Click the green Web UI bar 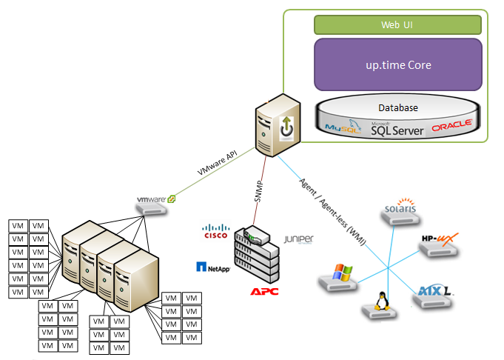click(x=397, y=25)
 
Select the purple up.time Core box click(x=397, y=65)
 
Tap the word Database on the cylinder click(x=398, y=108)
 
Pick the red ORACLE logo click(x=451, y=127)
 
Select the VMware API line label click(x=217, y=162)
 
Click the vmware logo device click(x=156, y=201)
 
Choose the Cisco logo click(x=215, y=231)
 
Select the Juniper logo click(x=298, y=239)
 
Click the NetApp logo click(x=213, y=267)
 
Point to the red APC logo click(x=264, y=291)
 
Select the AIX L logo click(x=435, y=290)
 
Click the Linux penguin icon click(x=374, y=302)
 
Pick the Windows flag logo click(x=340, y=273)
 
